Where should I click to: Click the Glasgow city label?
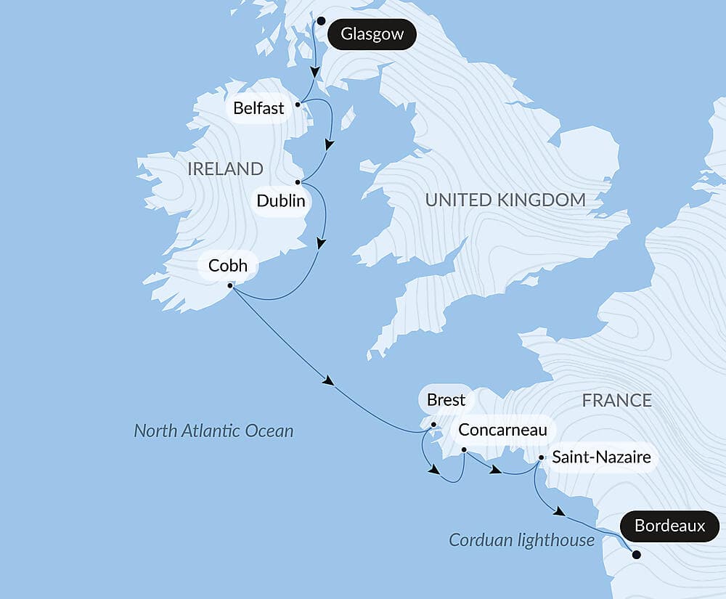[x=372, y=34]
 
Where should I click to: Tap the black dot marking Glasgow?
[x=321, y=21]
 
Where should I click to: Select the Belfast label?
[x=258, y=109]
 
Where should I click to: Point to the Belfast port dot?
[x=298, y=104]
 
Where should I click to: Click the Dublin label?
[x=281, y=200]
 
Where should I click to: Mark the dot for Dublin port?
[x=298, y=182]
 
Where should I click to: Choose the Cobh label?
[x=227, y=266]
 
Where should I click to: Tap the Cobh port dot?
[x=231, y=285]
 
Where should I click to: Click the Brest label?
[x=446, y=400]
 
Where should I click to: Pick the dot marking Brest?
[x=433, y=425]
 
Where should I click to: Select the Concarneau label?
[x=502, y=430]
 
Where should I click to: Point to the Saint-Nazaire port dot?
[x=542, y=458]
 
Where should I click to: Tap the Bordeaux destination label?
[x=669, y=526]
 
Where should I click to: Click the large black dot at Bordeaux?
[x=636, y=555]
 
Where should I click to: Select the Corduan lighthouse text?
[x=521, y=540]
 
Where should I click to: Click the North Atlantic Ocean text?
[x=213, y=431]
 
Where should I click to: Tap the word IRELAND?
[x=225, y=169]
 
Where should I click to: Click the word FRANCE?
[x=616, y=400]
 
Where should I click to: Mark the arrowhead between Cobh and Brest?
[x=329, y=381]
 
